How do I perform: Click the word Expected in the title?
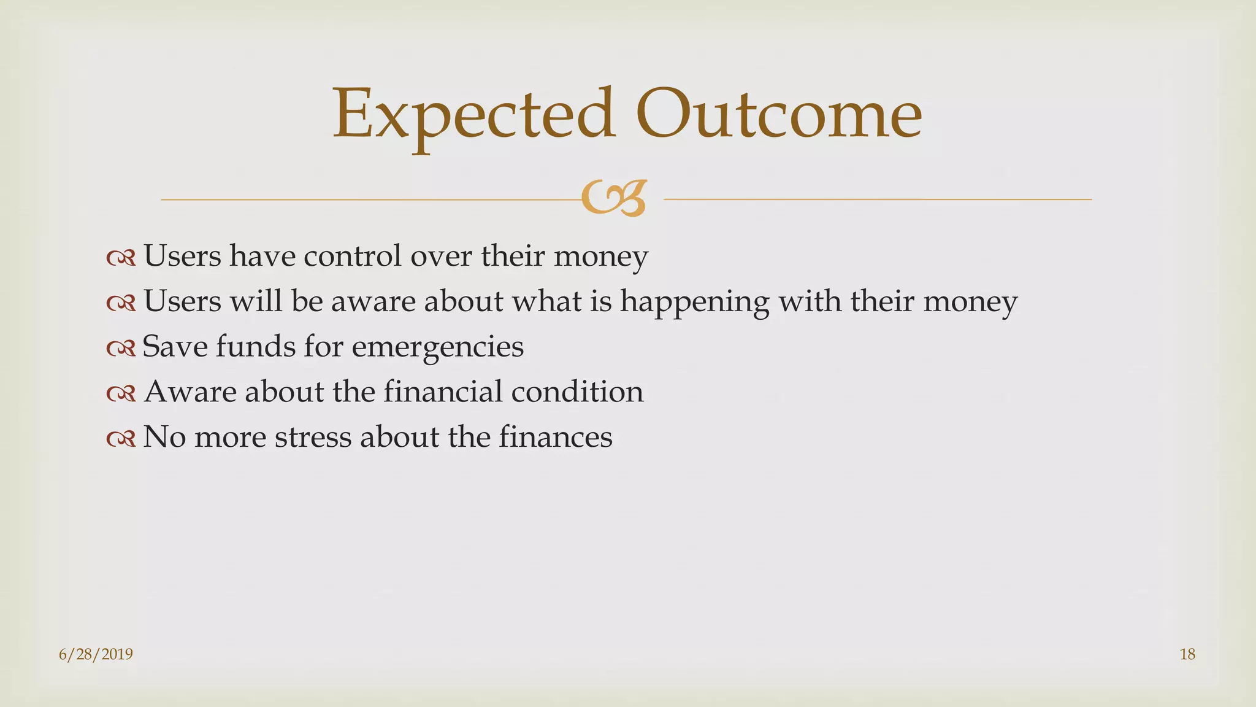(473, 115)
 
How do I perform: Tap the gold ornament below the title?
(614, 198)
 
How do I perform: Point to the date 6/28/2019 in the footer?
(96, 654)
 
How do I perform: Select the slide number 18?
(1187, 654)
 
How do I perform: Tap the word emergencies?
(438, 347)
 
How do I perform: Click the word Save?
(175, 347)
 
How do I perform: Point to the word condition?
(577, 392)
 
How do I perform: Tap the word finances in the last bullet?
(555, 438)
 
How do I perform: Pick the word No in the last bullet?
(164, 438)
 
